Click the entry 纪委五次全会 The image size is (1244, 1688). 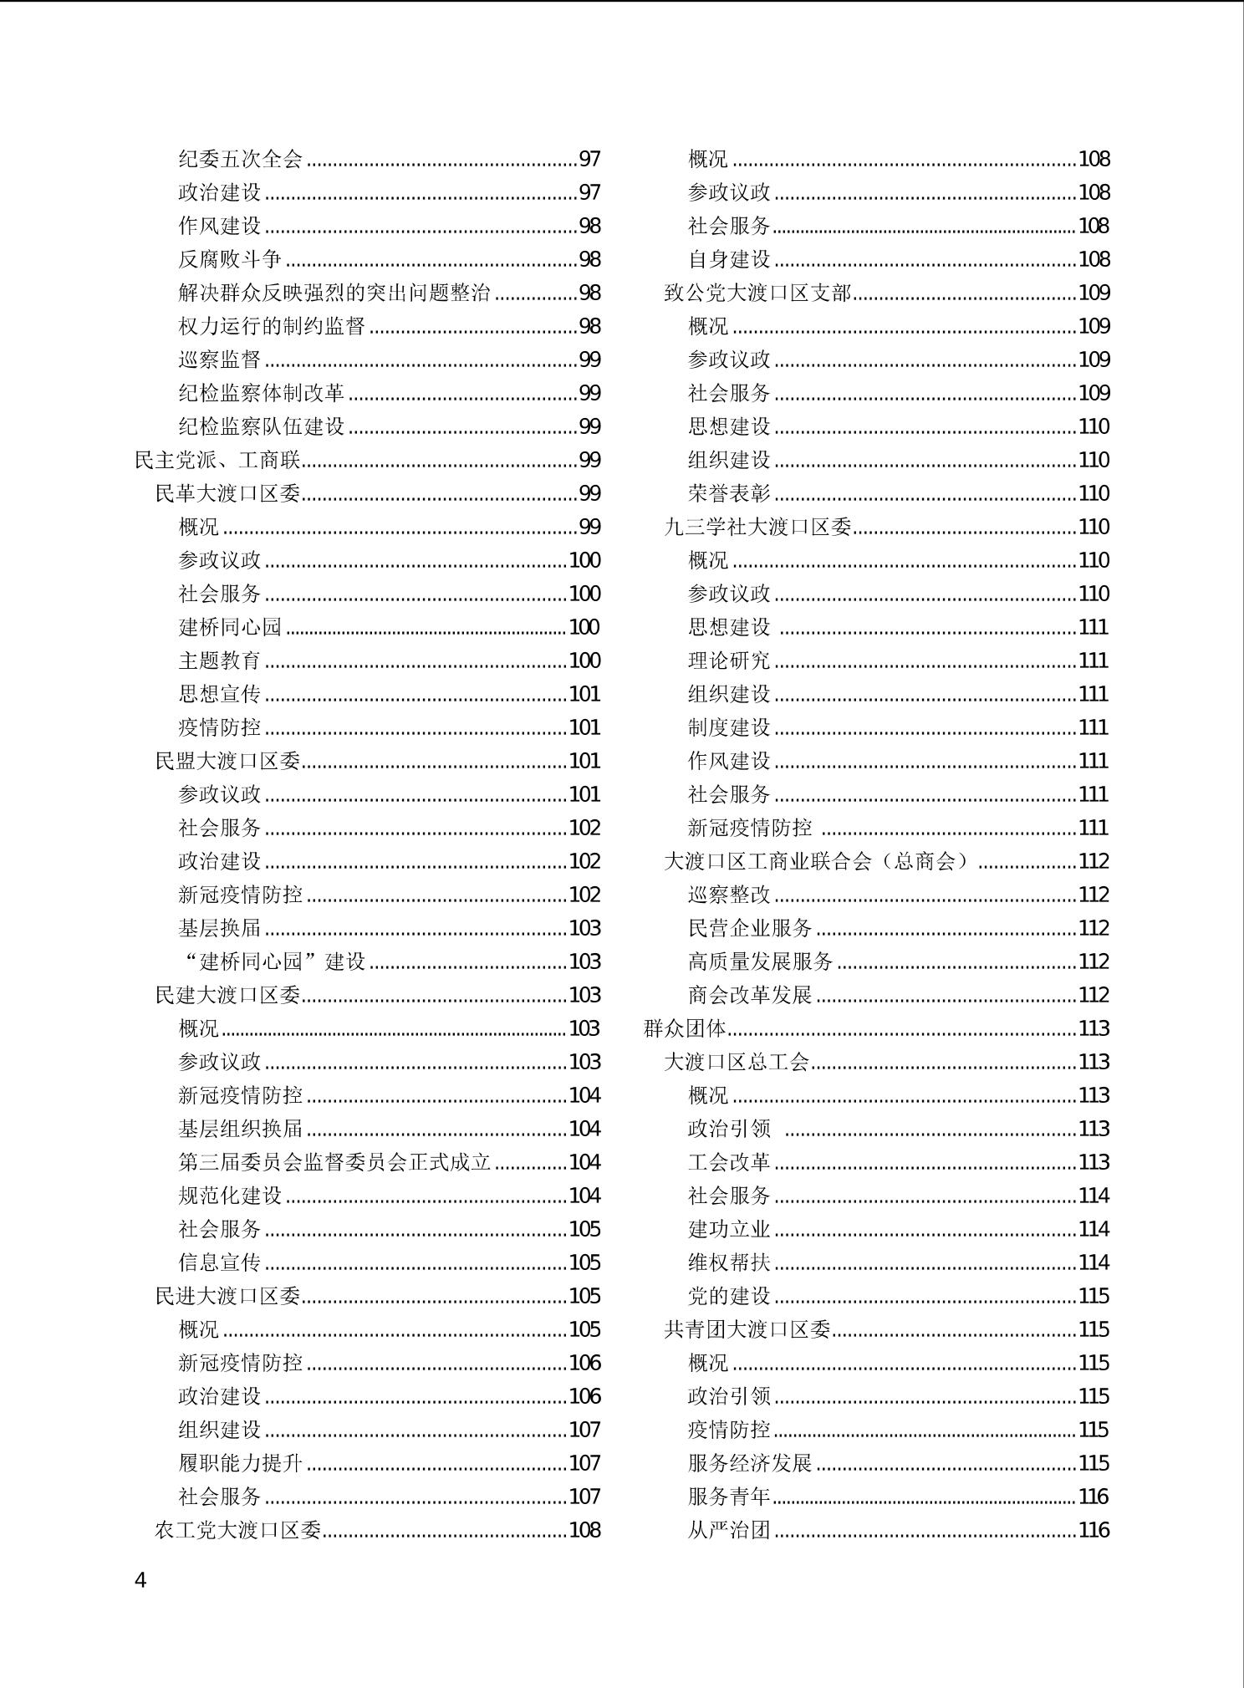240,159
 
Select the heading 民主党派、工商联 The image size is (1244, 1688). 217,460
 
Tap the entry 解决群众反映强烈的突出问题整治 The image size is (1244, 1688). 334,293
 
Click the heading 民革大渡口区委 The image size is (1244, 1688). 227,493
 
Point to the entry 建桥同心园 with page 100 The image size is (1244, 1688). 230,627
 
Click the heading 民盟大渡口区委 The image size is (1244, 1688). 227,761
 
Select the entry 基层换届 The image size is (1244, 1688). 219,928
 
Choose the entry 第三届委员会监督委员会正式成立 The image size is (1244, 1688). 334,1162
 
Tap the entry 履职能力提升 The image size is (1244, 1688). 240,1463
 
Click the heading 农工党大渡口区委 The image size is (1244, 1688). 237,1530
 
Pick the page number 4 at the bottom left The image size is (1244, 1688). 140,1581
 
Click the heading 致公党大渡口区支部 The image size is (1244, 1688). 757,293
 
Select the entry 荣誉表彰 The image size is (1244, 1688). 729,493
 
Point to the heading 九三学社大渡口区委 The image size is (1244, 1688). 757,527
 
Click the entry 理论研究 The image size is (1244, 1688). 729,660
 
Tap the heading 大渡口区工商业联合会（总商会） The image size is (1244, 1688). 819,861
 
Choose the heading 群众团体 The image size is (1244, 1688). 686,1028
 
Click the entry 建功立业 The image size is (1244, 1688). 729,1229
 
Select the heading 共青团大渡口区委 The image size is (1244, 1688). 747,1329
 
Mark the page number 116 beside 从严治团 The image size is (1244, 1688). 1094,1530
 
